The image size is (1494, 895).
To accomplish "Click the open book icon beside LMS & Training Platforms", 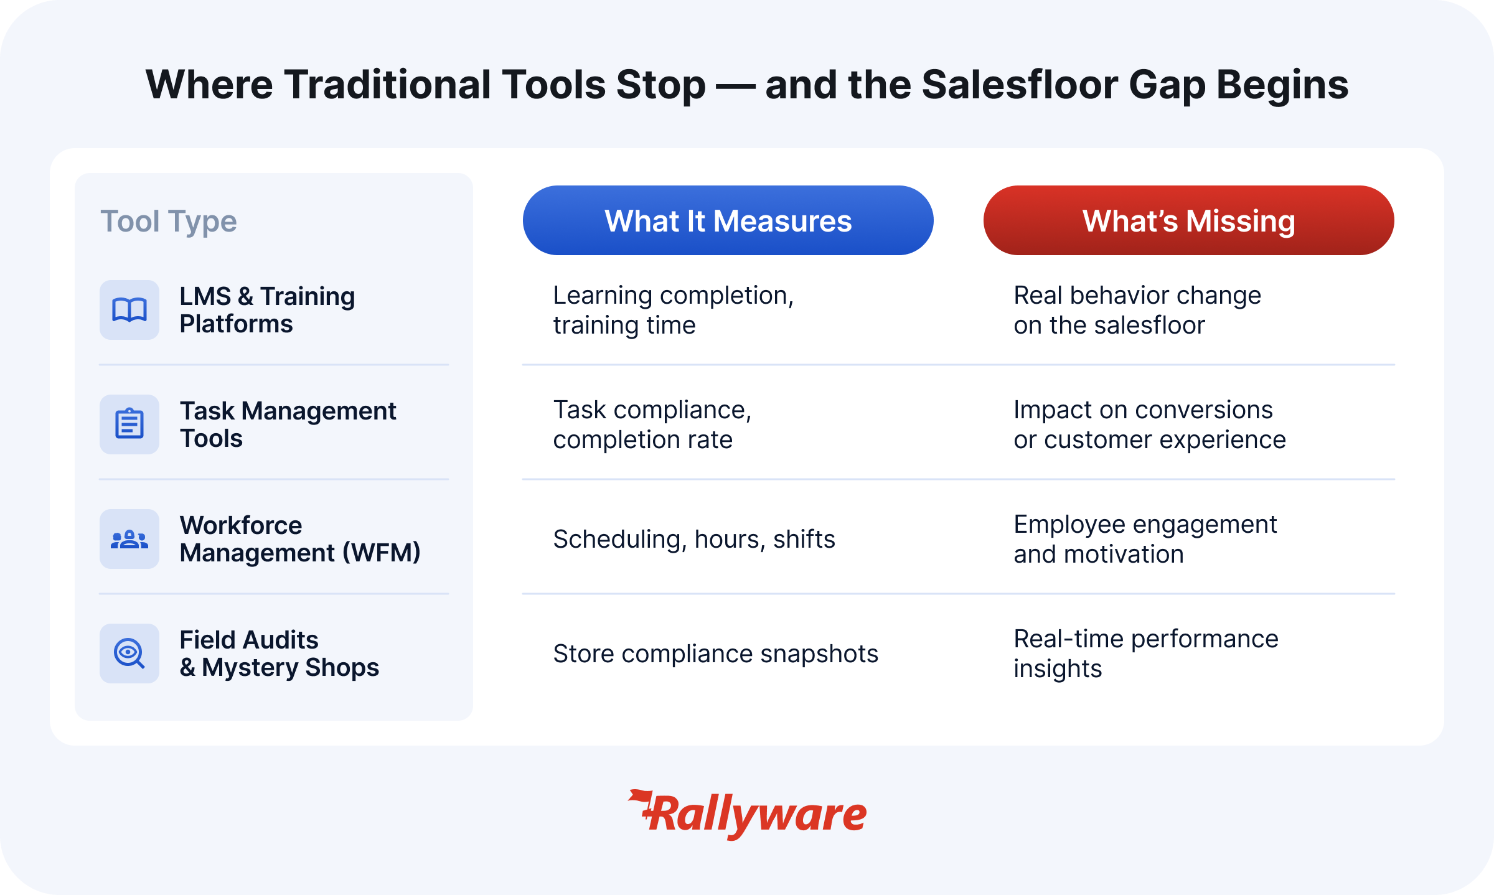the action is point(129,310).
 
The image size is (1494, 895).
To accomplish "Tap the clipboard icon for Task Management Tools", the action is point(129,424).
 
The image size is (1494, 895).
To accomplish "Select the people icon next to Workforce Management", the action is point(129,539).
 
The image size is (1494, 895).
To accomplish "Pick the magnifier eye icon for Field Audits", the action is point(129,654).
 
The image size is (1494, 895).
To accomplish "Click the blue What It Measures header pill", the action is point(728,220).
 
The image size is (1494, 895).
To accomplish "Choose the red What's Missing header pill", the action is point(1188,220).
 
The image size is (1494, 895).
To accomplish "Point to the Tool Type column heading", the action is point(169,222).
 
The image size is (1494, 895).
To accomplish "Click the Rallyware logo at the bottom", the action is point(747,814).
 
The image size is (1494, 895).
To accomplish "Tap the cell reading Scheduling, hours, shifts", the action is point(694,539).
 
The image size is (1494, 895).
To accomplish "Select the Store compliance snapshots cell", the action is point(715,654).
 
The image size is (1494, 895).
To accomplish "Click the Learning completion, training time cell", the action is point(674,310).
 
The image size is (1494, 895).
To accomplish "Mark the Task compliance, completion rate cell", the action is point(652,424).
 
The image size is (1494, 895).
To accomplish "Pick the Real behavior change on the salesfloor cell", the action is point(1137,310).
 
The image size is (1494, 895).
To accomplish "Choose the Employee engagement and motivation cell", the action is point(1145,539).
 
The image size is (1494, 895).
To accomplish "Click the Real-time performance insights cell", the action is point(1146,654).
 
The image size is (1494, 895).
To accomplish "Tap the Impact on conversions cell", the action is point(1150,424).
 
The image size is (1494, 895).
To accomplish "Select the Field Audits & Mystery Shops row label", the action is point(280,654).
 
